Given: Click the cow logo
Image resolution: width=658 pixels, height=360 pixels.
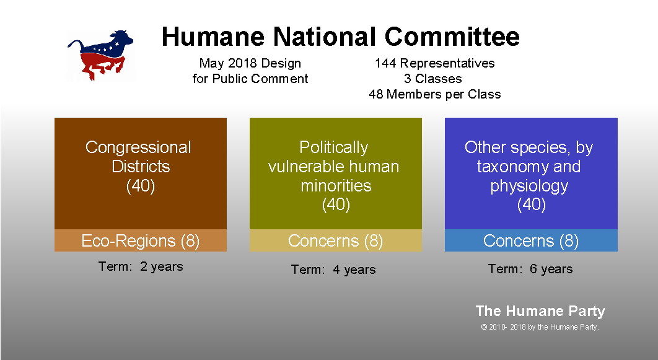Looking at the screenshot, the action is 100,55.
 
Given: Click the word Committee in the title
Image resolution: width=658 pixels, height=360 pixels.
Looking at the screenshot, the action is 452,37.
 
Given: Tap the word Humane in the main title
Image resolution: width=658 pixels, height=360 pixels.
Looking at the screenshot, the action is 213,37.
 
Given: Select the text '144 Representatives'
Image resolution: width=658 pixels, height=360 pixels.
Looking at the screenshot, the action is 435,63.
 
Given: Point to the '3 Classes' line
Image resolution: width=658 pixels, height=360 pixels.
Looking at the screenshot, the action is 432,79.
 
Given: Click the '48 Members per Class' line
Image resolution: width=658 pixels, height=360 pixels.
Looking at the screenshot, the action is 435,94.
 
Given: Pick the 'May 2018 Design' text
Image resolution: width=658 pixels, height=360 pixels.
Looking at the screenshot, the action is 250,63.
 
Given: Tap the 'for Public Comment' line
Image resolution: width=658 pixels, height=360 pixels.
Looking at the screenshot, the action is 250,79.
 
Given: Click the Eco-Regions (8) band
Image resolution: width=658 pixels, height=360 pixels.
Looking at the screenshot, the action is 141,240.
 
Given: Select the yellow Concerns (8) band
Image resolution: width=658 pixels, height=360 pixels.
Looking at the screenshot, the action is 336,240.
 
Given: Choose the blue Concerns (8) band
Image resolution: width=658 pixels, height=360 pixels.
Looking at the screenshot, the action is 531,240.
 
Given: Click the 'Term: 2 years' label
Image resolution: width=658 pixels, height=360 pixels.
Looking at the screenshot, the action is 141,266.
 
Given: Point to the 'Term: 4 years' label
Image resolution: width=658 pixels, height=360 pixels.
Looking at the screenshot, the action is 333,270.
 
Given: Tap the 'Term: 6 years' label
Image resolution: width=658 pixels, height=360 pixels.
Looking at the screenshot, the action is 530,269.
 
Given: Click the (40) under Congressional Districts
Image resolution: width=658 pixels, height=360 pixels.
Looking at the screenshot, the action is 141,185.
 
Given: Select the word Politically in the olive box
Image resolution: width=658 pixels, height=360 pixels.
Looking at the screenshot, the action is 333,147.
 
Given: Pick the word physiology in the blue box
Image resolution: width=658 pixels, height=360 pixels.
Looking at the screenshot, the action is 529,185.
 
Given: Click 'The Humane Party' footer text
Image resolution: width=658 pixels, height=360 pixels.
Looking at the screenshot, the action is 540,311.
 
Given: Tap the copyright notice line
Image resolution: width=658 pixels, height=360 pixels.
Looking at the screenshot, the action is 540,327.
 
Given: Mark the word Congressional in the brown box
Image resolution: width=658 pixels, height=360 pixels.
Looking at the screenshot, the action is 139,147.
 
